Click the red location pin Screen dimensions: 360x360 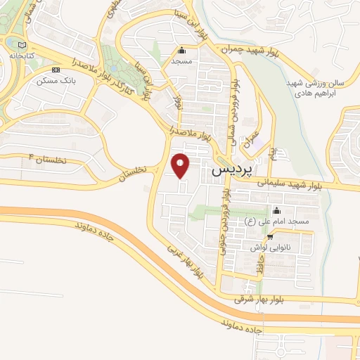(181, 165)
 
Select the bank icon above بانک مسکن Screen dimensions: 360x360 (56, 70)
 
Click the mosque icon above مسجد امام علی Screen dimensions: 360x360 (276, 210)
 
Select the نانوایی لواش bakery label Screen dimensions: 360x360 (269, 247)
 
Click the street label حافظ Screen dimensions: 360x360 (259, 267)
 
